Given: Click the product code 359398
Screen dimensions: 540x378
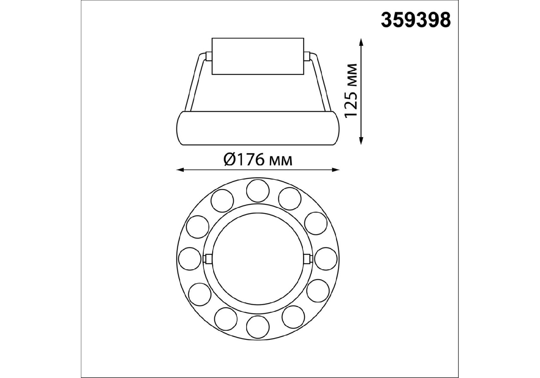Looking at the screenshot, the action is pyautogui.click(x=416, y=20).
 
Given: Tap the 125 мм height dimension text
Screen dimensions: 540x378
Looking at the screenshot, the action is pyautogui.click(x=351, y=91).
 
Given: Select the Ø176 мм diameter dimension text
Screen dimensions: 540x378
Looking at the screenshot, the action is pyautogui.click(x=258, y=160).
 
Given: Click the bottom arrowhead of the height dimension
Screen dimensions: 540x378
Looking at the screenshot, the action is pyautogui.click(x=361, y=140).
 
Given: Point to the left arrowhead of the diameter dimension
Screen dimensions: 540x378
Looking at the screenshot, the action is pyautogui.click(x=180, y=170).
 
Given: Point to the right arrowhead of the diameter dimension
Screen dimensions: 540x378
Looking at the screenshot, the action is pyautogui.click(x=336, y=170).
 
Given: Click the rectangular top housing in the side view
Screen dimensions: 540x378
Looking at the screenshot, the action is pyautogui.click(x=258, y=57).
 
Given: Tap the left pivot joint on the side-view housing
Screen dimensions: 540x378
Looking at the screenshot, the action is pyautogui.click(x=208, y=56).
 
